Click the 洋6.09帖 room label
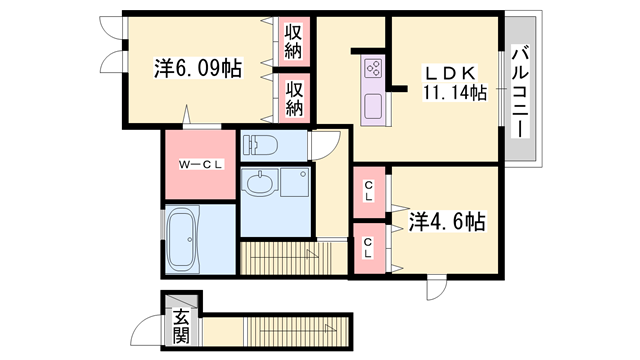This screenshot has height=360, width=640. pyautogui.click(x=198, y=68)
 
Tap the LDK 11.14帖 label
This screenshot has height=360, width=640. pyautogui.click(x=454, y=83)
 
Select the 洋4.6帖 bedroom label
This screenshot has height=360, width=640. pyautogui.click(x=447, y=222)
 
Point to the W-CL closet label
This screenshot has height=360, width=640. pyautogui.click(x=201, y=164)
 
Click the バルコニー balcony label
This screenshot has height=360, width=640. pyautogui.click(x=520, y=91)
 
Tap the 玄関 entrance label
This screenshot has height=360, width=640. pyautogui.click(x=181, y=326)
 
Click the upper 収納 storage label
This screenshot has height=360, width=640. pyautogui.click(x=293, y=41)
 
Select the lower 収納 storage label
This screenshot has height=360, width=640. pyautogui.click(x=294, y=98)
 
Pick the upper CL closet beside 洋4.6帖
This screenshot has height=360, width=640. pyautogui.click(x=369, y=191)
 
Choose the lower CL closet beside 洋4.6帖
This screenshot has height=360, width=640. pyautogui.click(x=368, y=248)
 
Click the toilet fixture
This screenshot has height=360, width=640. pyautogui.click(x=260, y=144)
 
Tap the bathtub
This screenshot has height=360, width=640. pyautogui.click(x=183, y=239)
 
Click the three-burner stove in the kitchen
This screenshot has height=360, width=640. pyautogui.click(x=373, y=68)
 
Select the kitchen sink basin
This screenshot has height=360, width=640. pyautogui.click(x=373, y=105)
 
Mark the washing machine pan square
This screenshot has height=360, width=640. pyautogui.click(x=294, y=182)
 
